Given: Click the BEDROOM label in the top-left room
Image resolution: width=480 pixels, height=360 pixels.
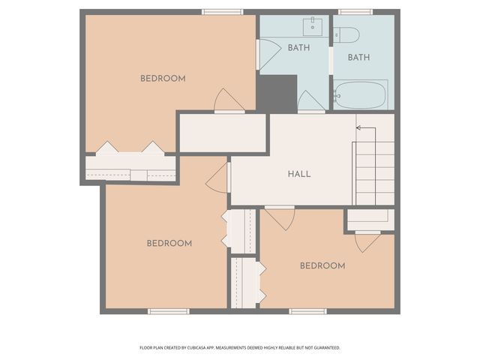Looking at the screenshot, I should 163,79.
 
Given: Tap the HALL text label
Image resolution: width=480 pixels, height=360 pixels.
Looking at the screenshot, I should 299,174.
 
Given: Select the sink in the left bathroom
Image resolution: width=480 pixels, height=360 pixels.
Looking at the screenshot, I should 313,27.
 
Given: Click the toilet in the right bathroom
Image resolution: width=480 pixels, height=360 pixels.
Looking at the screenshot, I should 346,34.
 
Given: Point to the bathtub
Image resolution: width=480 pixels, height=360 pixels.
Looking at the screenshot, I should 360,94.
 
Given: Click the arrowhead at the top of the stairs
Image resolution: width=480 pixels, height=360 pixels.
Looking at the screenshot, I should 358,128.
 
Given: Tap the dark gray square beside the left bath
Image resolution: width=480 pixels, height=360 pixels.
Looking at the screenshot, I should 277,93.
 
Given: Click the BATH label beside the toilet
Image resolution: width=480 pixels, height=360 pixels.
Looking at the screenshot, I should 358,57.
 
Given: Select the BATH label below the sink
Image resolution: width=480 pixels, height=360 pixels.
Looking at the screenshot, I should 299,48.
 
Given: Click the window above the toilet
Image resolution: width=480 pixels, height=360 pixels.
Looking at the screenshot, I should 355,12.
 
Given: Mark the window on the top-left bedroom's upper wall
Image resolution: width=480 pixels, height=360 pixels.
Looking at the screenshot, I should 223,12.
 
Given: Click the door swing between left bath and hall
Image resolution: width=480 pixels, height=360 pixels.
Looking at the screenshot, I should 310,102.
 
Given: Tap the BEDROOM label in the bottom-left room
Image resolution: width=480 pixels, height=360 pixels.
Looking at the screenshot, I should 169,243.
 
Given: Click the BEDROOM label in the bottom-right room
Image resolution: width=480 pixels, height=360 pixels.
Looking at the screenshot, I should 322,265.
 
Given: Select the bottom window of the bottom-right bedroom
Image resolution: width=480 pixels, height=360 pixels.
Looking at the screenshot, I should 308,310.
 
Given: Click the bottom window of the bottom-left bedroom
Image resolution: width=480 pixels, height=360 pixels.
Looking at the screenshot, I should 168,310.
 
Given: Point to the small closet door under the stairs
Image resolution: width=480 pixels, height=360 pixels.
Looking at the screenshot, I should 367,241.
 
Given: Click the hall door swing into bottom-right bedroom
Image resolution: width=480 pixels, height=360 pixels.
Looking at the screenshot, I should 280,217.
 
